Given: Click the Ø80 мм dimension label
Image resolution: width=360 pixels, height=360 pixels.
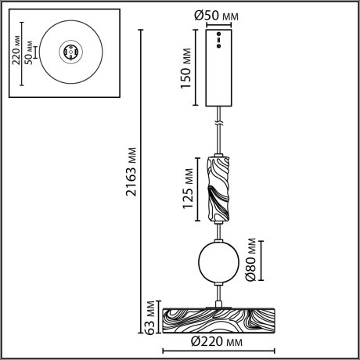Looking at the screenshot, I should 251,260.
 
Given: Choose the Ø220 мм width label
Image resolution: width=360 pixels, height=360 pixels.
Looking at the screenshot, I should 219,342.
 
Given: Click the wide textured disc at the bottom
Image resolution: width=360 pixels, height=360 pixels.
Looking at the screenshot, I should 219,320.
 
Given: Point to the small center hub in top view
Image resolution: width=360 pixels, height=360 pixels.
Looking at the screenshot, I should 70,53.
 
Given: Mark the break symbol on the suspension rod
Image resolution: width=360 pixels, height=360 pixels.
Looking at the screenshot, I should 220,123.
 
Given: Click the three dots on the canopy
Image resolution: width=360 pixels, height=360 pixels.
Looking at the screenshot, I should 220,41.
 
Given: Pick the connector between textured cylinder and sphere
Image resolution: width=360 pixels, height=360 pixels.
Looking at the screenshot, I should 220,230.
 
